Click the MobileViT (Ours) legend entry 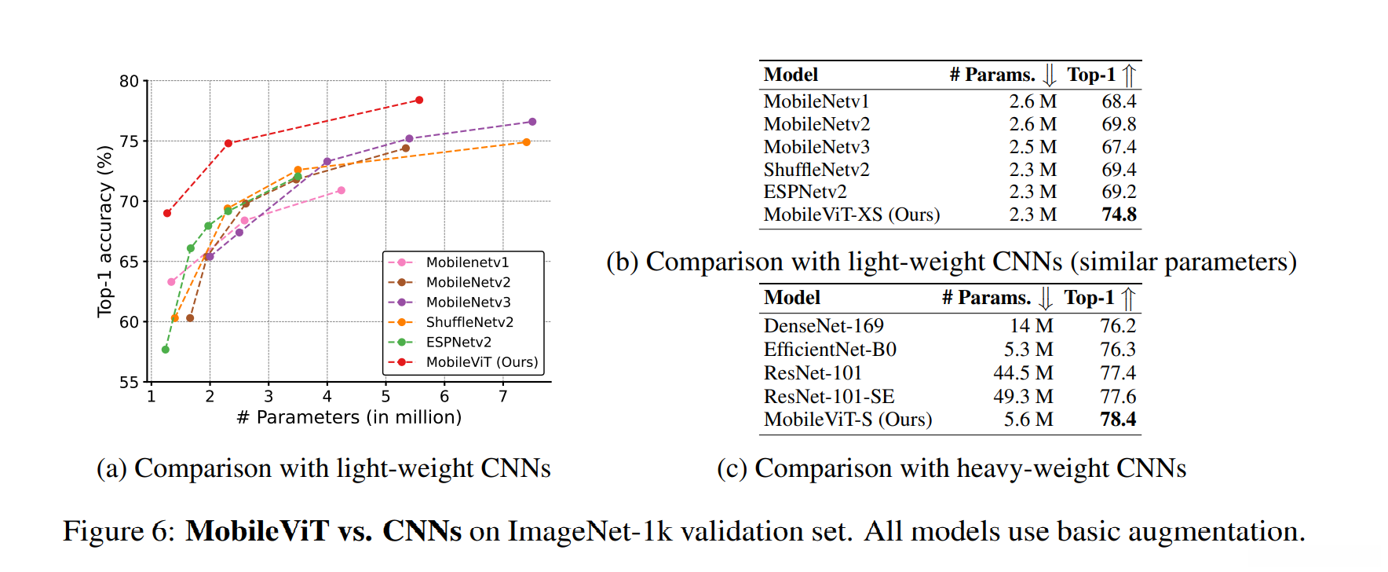tap(481, 362)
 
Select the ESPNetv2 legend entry tap(458, 343)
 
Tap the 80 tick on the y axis tap(129, 81)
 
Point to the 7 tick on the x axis tap(503, 396)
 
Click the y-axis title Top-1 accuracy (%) tap(104, 232)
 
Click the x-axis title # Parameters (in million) tap(349, 417)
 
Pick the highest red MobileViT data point tap(419, 101)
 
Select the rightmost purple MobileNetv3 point tap(532, 122)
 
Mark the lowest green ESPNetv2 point tap(166, 350)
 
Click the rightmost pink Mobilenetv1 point tap(342, 190)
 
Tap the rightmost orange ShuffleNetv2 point tap(527, 142)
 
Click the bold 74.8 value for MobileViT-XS tap(1119, 214)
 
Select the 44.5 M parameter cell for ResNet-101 tap(1023, 373)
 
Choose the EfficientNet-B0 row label tap(830, 350)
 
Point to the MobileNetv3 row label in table tap(816, 147)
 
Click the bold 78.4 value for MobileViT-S tap(1118, 420)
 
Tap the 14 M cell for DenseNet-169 tap(1032, 326)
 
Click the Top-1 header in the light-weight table tap(1091, 75)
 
